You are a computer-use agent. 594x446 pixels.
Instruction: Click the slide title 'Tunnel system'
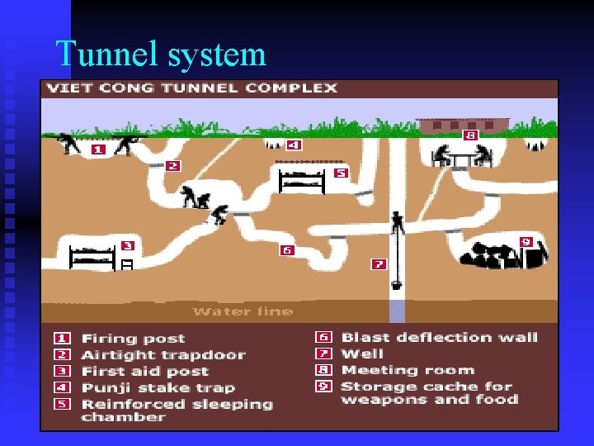click(161, 55)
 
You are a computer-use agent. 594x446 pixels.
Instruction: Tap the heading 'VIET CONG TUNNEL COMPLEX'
click(191, 88)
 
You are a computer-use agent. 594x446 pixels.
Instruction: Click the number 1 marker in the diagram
click(98, 149)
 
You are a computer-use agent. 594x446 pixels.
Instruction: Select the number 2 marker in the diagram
click(172, 165)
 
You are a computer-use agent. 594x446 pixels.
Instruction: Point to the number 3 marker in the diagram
click(127, 245)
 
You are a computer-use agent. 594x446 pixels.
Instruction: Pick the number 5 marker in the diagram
click(340, 173)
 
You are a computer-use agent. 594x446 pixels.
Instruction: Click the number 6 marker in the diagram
click(287, 249)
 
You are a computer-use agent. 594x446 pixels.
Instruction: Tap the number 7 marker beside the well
click(378, 264)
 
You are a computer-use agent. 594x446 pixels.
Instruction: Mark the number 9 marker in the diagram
click(526, 241)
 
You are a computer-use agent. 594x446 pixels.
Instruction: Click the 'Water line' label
click(243, 311)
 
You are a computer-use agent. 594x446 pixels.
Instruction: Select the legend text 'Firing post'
click(133, 339)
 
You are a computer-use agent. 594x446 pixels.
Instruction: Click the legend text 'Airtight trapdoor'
click(163, 355)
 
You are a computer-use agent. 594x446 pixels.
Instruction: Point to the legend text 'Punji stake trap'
click(158, 387)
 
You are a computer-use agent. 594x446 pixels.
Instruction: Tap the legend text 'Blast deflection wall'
click(439, 337)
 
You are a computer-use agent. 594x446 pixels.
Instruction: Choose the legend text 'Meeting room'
click(408, 370)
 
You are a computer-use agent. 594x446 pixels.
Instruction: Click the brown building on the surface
click(462, 125)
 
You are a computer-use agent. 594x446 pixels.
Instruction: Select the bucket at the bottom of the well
click(397, 285)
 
